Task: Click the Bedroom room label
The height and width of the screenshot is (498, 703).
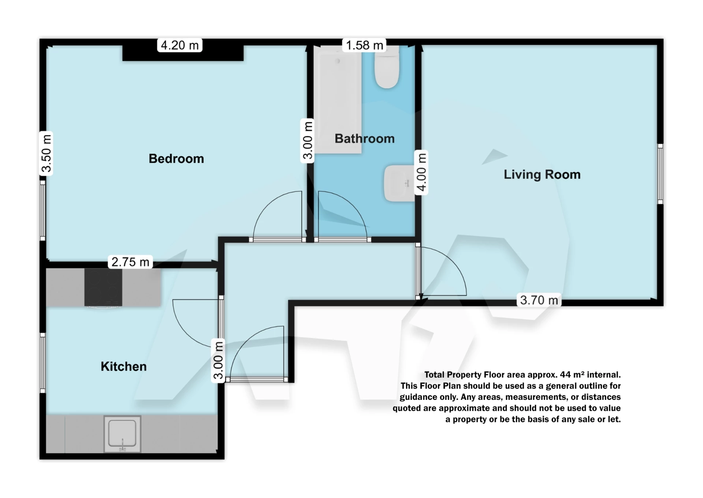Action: pos(176,159)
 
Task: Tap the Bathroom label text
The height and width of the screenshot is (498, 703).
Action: pos(364,138)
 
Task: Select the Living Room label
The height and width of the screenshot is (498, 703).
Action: pos(542,174)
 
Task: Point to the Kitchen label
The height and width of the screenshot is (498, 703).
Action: pos(123,366)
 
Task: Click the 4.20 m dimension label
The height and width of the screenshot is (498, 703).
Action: pos(179,45)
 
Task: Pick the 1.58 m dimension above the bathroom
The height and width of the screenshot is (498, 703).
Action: pos(364,45)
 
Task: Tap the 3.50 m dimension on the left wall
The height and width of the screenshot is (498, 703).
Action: pos(46,153)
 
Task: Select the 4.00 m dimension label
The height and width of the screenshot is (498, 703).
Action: pos(421,172)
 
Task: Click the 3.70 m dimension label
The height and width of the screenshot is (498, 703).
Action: pos(539,300)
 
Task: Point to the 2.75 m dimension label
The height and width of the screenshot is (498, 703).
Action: pos(130,262)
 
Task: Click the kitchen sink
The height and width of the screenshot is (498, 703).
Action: pos(122,434)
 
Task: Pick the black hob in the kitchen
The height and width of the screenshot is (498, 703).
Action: pos(103,287)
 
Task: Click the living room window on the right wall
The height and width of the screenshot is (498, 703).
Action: pos(660,174)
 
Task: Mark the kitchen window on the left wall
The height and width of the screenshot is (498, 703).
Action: pos(43,363)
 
